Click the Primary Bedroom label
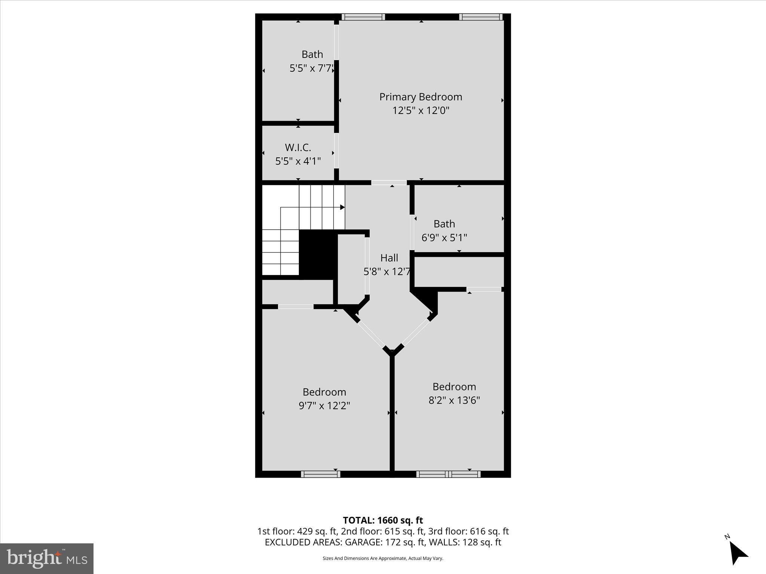[420, 97]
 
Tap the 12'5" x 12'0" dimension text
[420, 111]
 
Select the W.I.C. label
[298, 148]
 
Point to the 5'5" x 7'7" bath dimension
[312, 68]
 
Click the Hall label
[389, 258]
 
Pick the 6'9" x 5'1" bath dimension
[444, 238]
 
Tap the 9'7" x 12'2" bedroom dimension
[324, 405]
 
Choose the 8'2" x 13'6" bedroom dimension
[454, 400]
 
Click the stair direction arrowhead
[342, 207]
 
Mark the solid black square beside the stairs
[318, 254]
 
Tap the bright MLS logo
[47, 559]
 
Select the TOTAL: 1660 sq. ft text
[383, 520]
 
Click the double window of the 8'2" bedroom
[448, 474]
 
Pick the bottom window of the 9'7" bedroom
[321, 474]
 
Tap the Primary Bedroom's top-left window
[363, 17]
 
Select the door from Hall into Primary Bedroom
[389, 183]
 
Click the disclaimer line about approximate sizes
[383, 558]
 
